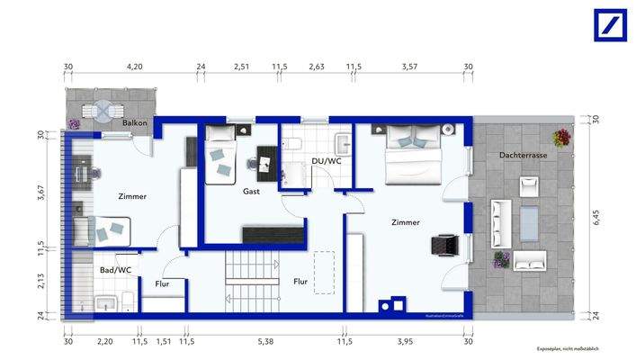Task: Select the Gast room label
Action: tap(252, 191)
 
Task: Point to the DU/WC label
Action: tap(326, 161)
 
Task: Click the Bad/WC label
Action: tap(116, 269)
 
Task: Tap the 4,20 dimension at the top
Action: tap(135, 67)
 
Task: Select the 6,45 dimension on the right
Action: tap(595, 216)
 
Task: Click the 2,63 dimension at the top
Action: tap(317, 67)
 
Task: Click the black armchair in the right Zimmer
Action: tap(444, 245)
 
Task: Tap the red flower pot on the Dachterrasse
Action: tap(563, 138)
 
